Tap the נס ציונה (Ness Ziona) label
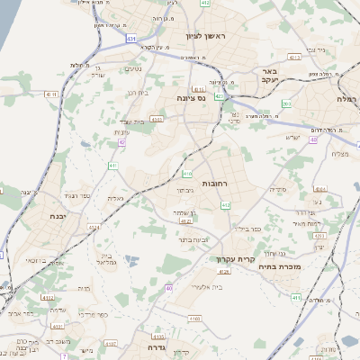coord(192,99)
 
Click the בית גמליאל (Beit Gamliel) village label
coord(100,259)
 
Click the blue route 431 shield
coord(132,39)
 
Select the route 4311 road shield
coord(49,94)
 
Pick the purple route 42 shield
coord(121,142)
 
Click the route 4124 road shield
coord(185,220)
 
